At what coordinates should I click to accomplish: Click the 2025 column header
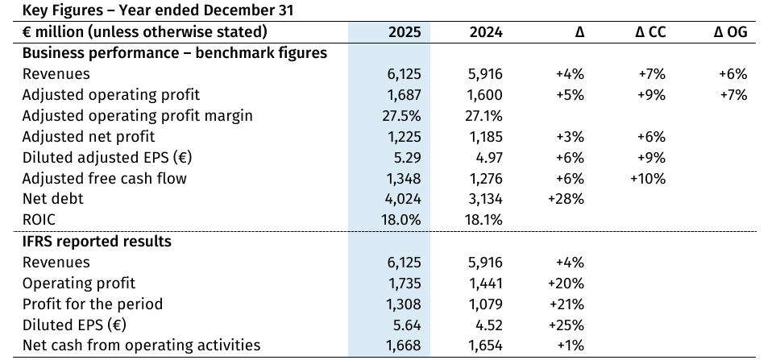pyautogui.click(x=405, y=32)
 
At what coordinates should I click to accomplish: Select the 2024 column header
pyautogui.click(x=485, y=32)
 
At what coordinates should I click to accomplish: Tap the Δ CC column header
pyautogui.click(x=649, y=32)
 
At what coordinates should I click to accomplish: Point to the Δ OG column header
pyautogui.click(x=731, y=32)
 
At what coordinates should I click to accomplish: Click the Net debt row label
pyautogui.click(x=52, y=199)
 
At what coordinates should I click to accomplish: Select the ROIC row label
pyautogui.click(x=39, y=220)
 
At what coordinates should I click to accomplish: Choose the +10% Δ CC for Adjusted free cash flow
pyautogui.click(x=648, y=179)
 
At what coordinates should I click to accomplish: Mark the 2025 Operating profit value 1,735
pyautogui.click(x=405, y=283)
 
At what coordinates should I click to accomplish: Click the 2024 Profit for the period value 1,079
pyautogui.click(x=485, y=304)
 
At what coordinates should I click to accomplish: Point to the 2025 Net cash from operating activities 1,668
pyautogui.click(x=405, y=346)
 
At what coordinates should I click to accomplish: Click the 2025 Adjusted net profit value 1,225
pyautogui.click(x=405, y=137)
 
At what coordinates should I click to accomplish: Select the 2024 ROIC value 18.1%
pyautogui.click(x=484, y=220)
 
